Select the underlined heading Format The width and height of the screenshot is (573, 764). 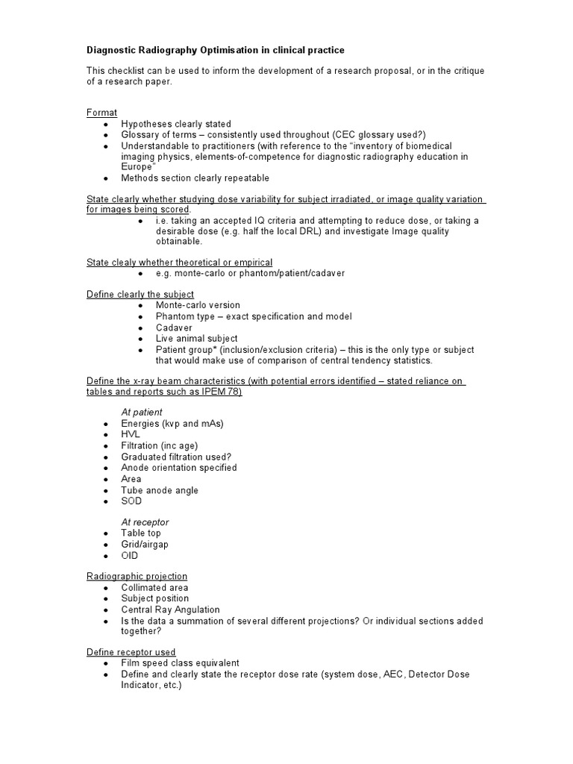click(102, 112)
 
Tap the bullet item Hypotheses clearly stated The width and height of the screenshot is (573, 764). click(176, 124)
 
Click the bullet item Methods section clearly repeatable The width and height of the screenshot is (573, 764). click(195, 178)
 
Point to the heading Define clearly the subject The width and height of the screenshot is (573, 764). click(140, 294)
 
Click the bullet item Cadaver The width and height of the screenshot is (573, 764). click(174, 328)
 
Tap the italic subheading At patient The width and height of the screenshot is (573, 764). click(142, 412)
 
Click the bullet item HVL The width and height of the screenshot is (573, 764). click(131, 435)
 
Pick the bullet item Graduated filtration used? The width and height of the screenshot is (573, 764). click(178, 457)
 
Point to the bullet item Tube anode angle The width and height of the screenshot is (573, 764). click(160, 490)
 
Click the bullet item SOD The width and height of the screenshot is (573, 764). click(131, 501)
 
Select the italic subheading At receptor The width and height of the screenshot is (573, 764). click(145, 522)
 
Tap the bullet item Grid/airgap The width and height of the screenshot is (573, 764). click(145, 545)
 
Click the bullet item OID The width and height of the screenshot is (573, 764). click(130, 556)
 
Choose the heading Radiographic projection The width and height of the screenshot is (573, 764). click(137, 577)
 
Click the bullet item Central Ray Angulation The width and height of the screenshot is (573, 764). click(171, 610)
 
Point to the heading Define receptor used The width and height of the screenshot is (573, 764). click(131, 652)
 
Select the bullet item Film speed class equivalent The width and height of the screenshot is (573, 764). click(181, 663)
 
